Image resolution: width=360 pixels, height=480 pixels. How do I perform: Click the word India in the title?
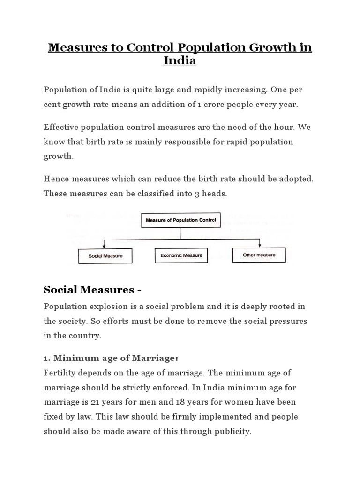tap(180, 61)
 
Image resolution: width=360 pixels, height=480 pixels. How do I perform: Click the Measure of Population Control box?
tap(181, 220)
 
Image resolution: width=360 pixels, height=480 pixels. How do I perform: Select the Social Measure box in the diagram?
tap(105, 256)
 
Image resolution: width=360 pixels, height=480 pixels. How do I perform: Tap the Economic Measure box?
tap(181, 255)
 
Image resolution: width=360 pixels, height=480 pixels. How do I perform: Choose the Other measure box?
tap(259, 255)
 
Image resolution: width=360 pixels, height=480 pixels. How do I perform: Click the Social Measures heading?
tap(92, 290)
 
